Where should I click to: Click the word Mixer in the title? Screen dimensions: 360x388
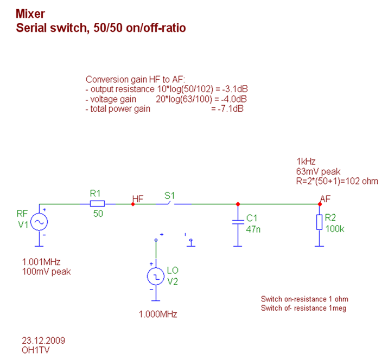pyautogui.click(x=30, y=14)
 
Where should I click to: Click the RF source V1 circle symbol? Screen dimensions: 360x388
pyautogui.click(x=39, y=222)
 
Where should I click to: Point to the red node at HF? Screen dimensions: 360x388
pyautogui.click(x=133, y=204)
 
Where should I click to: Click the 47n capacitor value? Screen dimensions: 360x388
pyautogui.click(x=253, y=228)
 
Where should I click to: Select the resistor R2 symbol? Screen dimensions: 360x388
pyautogui.click(x=319, y=222)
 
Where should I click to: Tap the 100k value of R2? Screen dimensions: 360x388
pyautogui.click(x=334, y=228)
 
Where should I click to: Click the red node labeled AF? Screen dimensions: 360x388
pyautogui.click(x=320, y=204)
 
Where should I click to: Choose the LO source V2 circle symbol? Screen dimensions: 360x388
pyautogui.click(x=155, y=277)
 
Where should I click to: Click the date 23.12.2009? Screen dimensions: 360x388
pyautogui.click(x=43, y=340)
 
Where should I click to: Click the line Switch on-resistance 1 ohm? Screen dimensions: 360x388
pyautogui.click(x=304, y=299)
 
